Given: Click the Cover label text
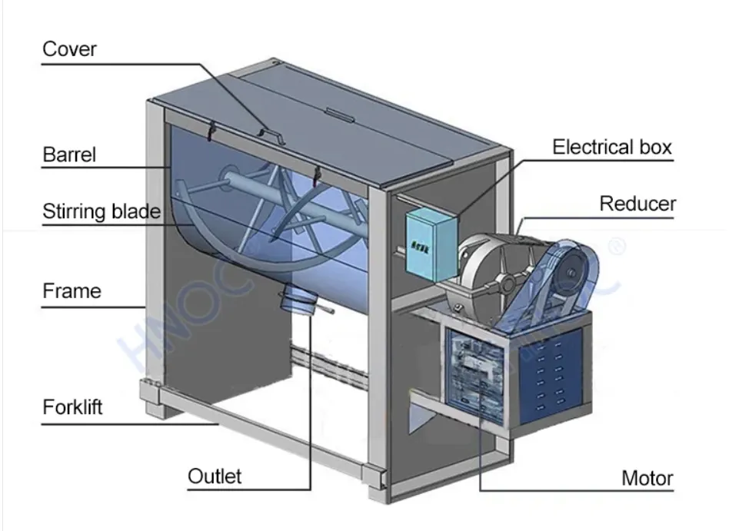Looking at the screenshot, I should point(69,50).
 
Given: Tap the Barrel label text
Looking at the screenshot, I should point(69,154).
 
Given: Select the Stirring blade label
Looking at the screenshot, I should point(101,211).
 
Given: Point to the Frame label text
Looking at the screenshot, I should point(72,291).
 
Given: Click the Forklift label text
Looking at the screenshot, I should point(72,406).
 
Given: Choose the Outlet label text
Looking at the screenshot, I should point(215,476).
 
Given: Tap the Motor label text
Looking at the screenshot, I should point(647,479).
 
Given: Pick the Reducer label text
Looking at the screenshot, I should point(637,204).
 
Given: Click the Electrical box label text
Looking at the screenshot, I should point(612,147).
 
